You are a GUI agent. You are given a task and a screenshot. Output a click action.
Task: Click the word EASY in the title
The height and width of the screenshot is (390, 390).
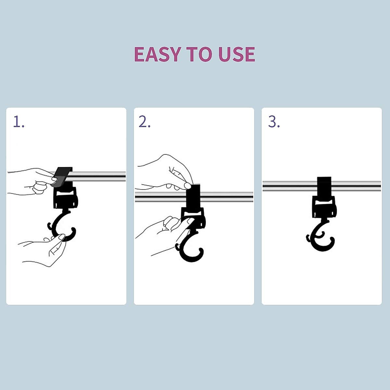pos(157,54)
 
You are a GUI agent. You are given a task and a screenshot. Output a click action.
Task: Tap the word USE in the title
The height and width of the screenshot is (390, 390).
pos(237,54)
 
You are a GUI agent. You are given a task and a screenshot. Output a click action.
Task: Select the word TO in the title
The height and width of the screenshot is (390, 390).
pos(198,54)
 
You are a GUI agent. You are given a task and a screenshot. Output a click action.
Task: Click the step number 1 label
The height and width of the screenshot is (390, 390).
pos(19,122)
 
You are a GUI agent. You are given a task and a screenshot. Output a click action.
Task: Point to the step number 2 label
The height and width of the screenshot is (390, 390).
pos(144,122)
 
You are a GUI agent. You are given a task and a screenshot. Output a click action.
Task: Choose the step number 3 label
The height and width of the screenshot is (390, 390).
pos(274,122)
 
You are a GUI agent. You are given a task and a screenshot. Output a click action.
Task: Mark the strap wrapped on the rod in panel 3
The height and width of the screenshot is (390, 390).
pos(324,185)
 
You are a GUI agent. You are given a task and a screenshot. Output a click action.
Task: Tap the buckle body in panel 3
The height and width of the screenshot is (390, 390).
pos(324,206)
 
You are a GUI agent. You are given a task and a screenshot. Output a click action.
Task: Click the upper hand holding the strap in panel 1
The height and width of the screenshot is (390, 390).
pos(31,182)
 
